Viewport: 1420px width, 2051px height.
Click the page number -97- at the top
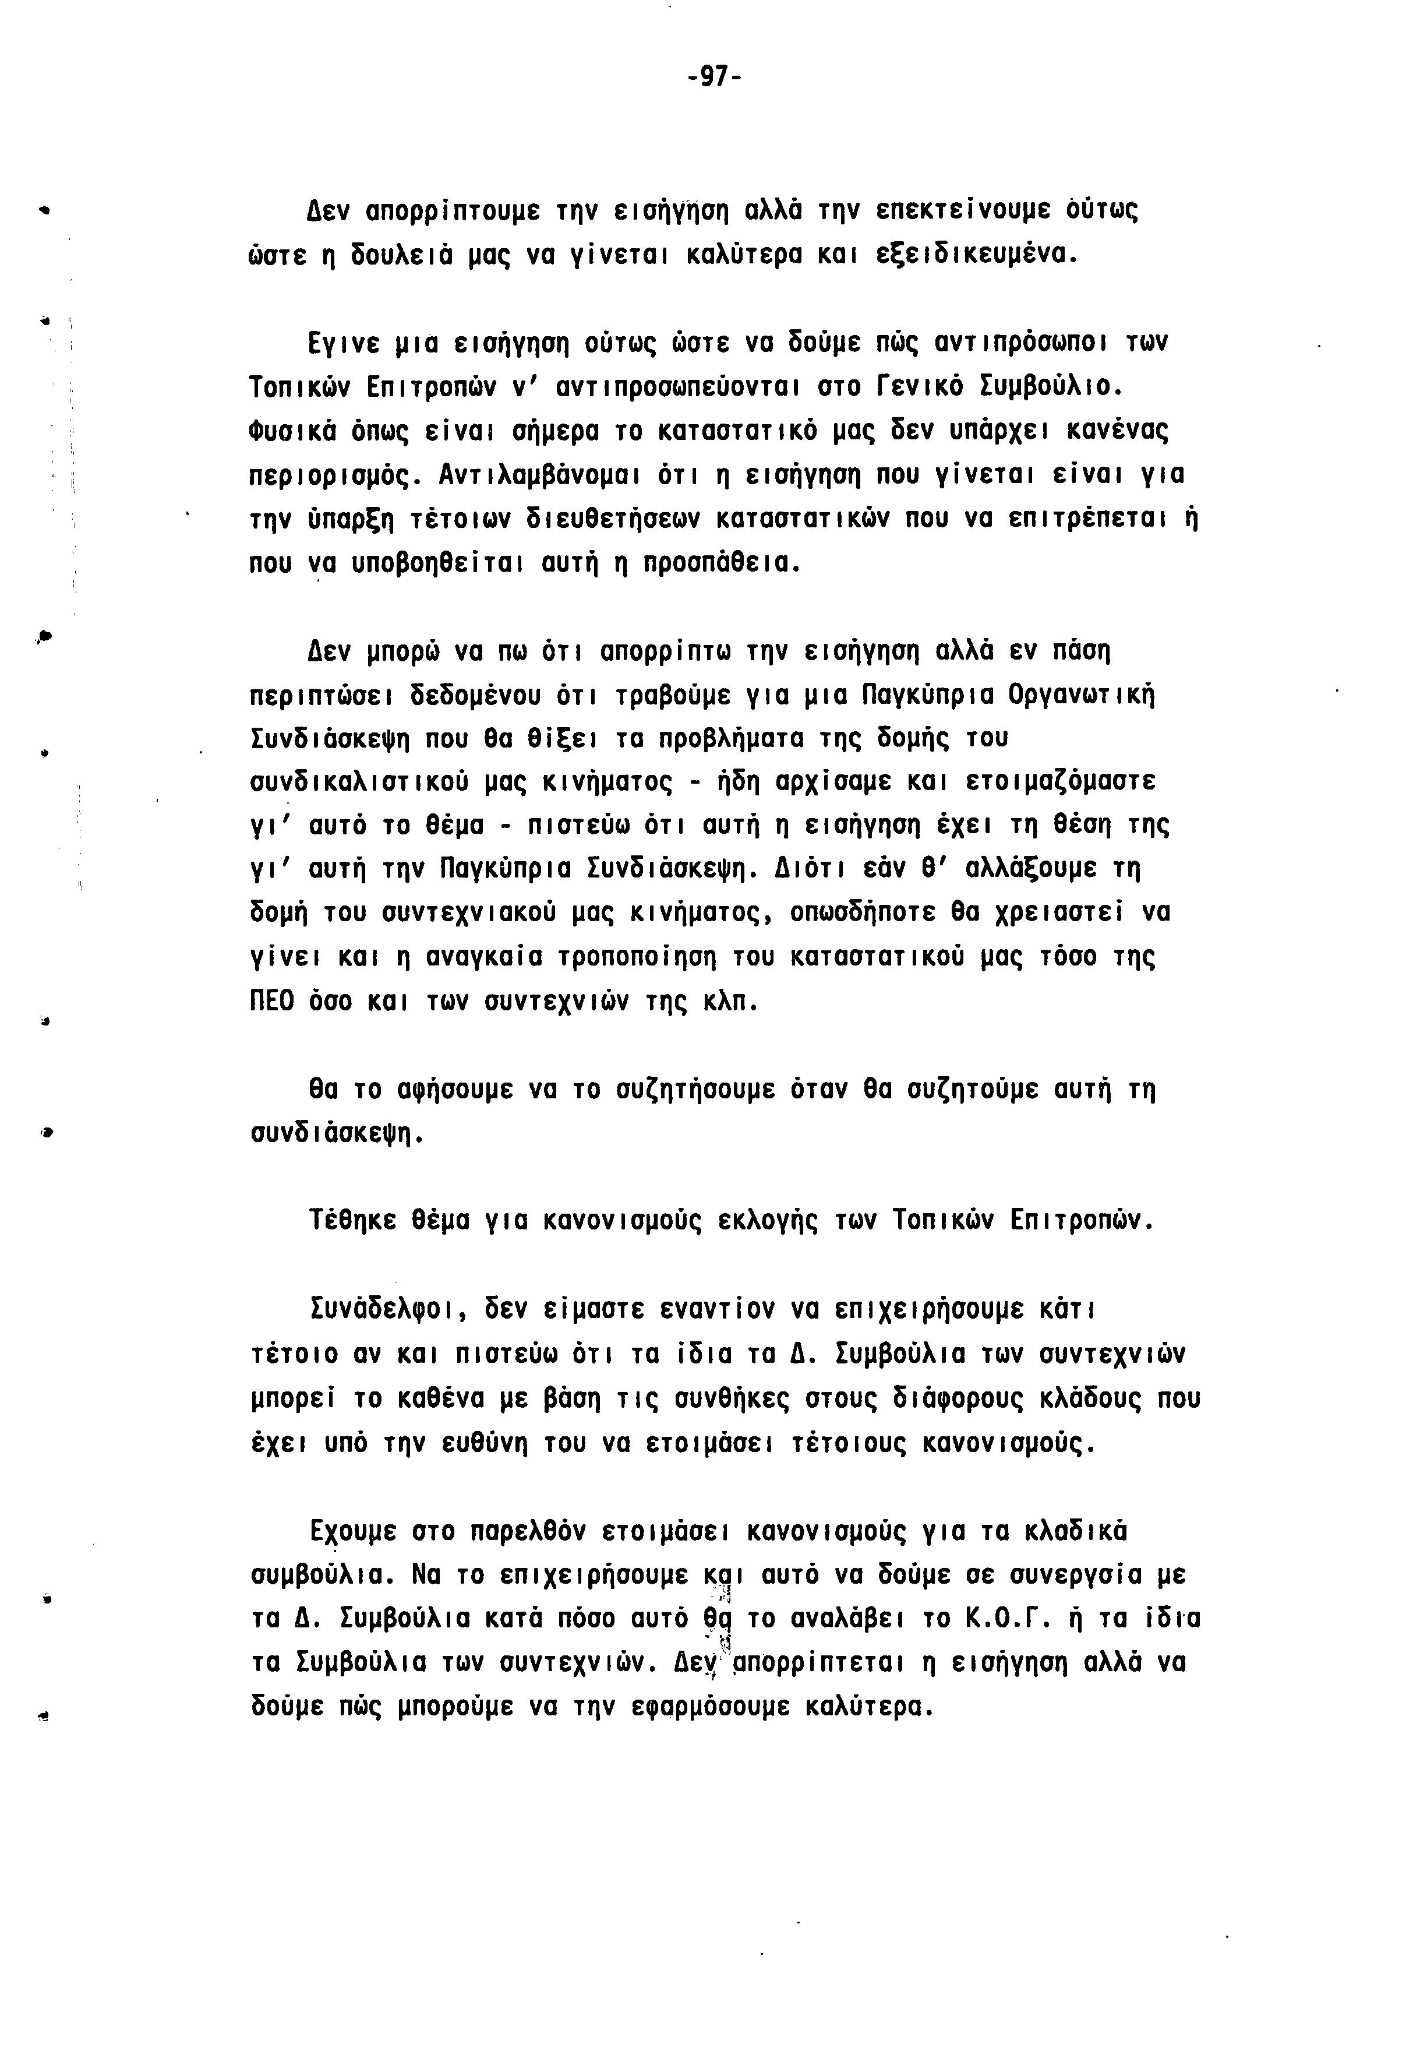(715, 77)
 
